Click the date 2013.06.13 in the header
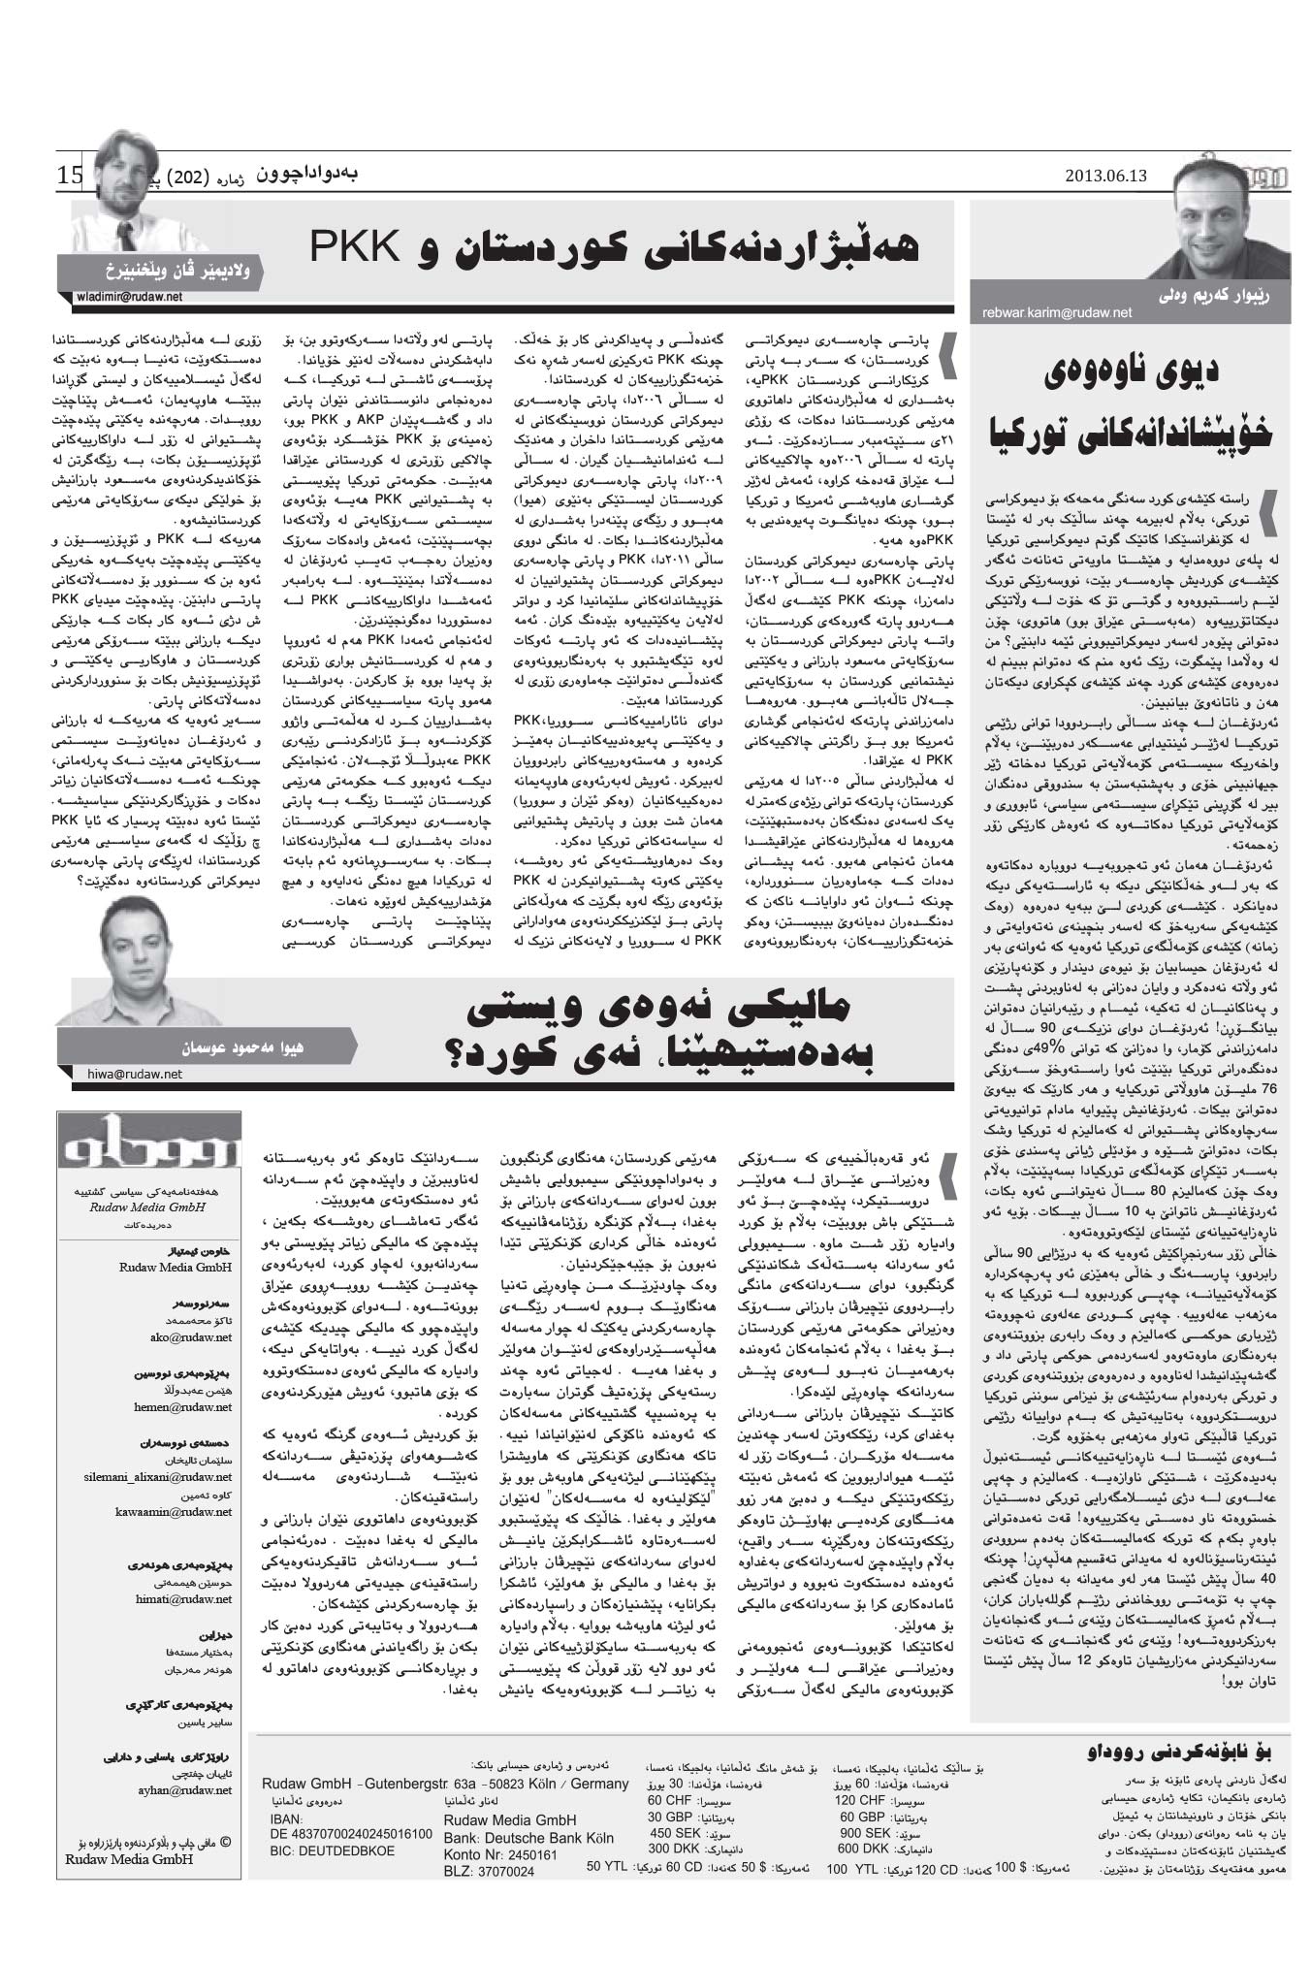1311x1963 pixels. pyautogui.click(x=1105, y=176)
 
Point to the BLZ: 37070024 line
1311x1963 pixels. pyautogui.click(x=489, y=1871)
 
